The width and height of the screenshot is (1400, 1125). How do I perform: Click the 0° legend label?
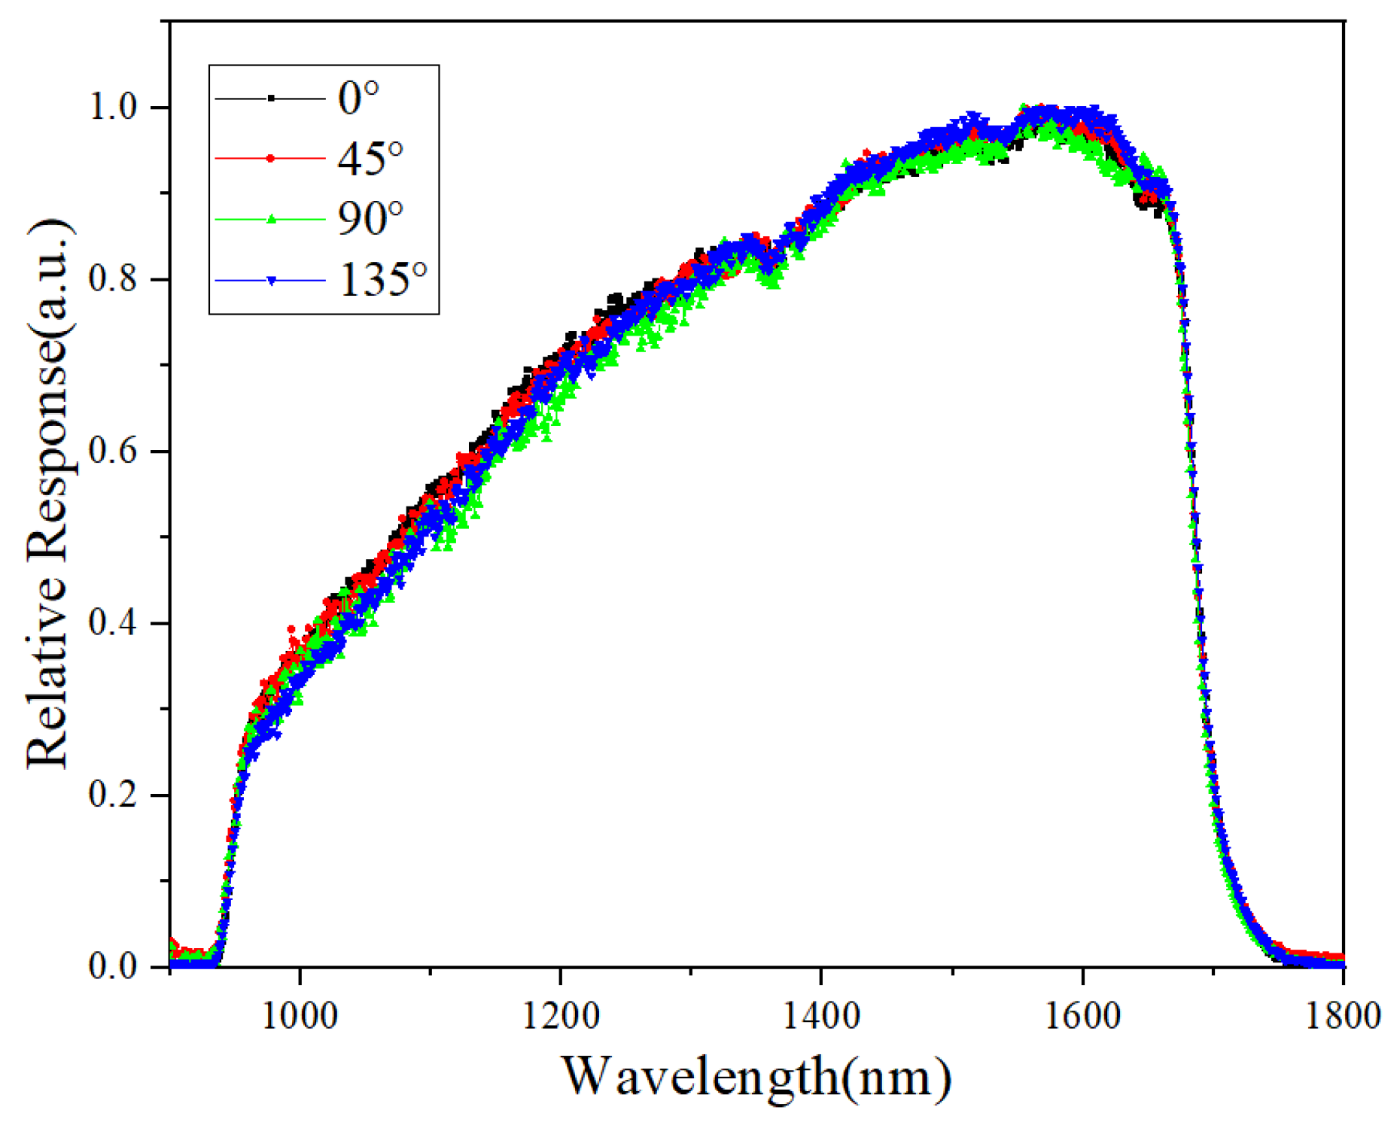358,98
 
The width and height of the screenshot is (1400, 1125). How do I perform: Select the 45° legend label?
370,159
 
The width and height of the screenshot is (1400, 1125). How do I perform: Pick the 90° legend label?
370,219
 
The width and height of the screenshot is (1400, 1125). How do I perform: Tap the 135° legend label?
383,280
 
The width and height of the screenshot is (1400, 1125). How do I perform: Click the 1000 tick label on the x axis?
300,1016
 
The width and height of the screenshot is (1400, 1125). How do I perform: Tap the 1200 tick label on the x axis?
561,1016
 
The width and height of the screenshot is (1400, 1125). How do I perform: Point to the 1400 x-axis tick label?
821,1016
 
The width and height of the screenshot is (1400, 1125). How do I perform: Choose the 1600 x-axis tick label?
1082,1016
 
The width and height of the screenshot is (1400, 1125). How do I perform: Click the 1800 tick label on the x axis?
1343,1016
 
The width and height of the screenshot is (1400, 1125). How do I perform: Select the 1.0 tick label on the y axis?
114,107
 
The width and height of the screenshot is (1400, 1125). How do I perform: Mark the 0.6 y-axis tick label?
114,451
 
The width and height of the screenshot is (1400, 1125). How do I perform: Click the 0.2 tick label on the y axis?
114,795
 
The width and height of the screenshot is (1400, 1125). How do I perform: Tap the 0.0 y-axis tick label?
114,966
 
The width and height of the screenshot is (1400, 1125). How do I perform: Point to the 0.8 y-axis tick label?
114,279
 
